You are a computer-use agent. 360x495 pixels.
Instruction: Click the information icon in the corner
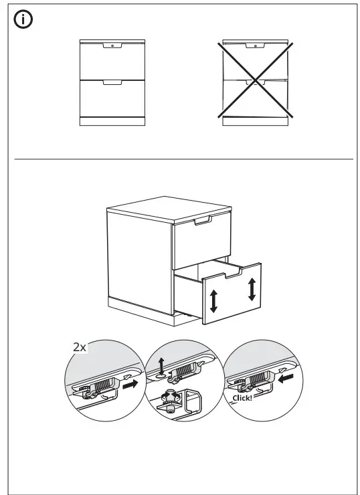coord(23,21)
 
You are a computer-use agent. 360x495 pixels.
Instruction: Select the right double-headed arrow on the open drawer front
coord(252,289)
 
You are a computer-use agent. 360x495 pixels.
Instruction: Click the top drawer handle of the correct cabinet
coord(112,46)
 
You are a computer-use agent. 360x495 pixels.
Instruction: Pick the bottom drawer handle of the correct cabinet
coord(112,83)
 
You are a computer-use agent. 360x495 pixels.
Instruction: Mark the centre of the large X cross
coord(256,80)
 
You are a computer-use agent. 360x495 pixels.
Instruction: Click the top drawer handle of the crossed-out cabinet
coord(256,45)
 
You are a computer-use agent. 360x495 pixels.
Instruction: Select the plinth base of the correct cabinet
coord(112,121)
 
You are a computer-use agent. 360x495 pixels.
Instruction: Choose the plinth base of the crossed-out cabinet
coord(256,121)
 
